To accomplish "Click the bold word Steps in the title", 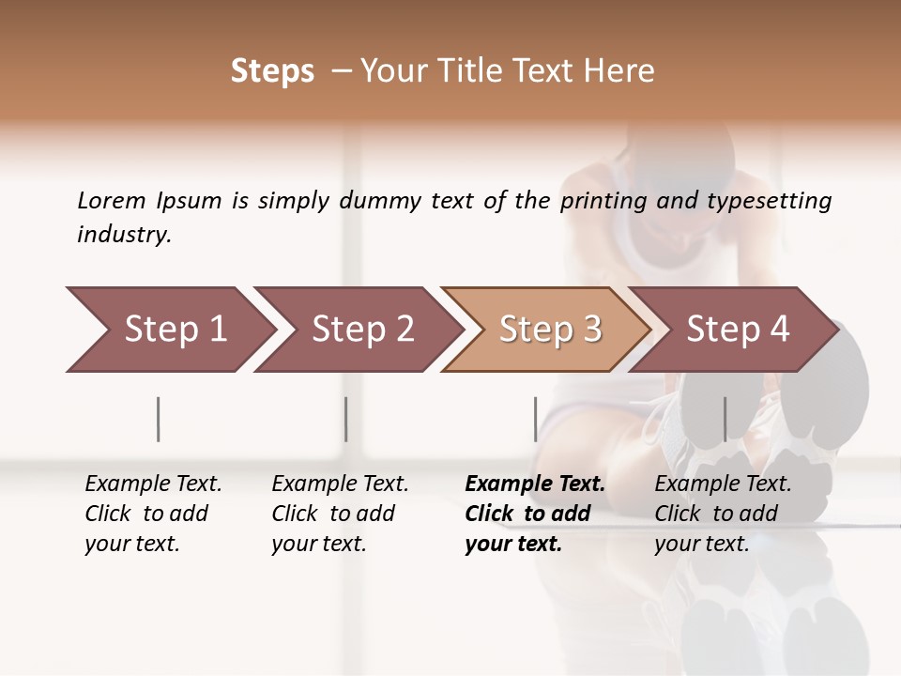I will click(272, 71).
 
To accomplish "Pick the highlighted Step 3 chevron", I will click(550, 330).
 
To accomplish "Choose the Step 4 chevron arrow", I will click(738, 330).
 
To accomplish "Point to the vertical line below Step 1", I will click(159, 419).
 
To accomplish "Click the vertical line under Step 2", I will click(346, 419).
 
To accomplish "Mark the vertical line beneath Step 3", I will click(535, 419).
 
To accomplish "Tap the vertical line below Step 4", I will click(725, 419).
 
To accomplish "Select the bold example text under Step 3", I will click(535, 514).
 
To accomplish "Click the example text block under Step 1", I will click(153, 514).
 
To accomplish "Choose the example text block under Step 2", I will click(340, 514).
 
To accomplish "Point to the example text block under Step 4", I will click(723, 514).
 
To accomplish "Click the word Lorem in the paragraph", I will click(112, 200).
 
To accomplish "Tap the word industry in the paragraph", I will click(124, 234).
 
